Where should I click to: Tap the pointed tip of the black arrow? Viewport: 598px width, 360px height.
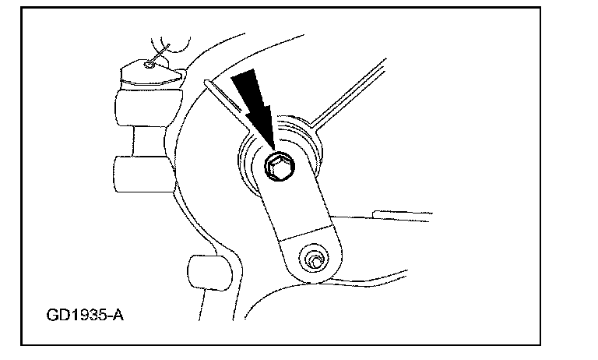(x=273, y=148)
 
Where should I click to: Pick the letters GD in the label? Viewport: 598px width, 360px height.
(x=57, y=318)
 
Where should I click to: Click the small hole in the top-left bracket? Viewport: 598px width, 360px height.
(x=149, y=65)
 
